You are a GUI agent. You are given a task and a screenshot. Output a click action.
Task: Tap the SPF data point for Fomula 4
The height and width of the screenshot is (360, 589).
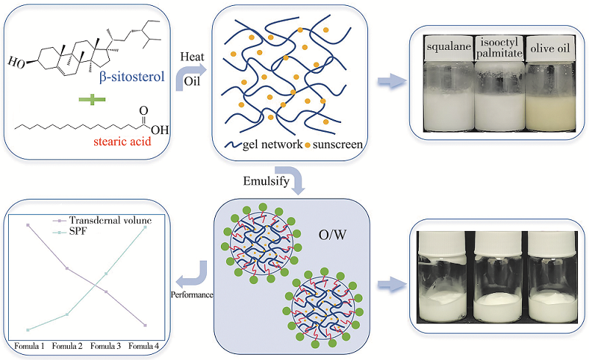coord(146,227)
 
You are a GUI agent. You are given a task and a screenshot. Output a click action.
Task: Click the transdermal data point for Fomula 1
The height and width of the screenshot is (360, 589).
coord(28,225)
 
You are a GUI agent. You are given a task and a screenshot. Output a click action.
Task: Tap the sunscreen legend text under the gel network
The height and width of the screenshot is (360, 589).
coord(336,144)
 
